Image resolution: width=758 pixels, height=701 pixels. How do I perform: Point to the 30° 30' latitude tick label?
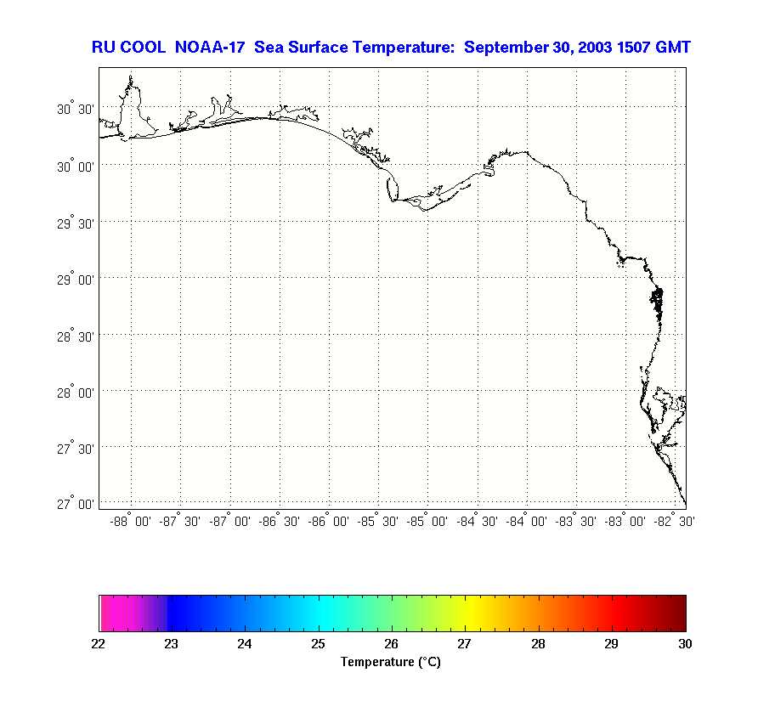point(75,110)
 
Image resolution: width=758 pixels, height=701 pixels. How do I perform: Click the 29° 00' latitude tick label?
point(75,279)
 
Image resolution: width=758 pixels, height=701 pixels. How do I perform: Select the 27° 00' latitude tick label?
point(75,504)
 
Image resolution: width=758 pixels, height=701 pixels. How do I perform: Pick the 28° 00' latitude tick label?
point(75,392)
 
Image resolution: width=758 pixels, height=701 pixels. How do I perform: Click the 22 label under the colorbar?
point(99,644)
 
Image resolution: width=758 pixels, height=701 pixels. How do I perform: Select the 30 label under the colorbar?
point(685,644)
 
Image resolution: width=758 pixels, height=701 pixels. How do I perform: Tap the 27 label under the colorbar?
point(465,644)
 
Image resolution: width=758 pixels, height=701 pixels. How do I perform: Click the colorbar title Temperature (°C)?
point(391,662)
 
